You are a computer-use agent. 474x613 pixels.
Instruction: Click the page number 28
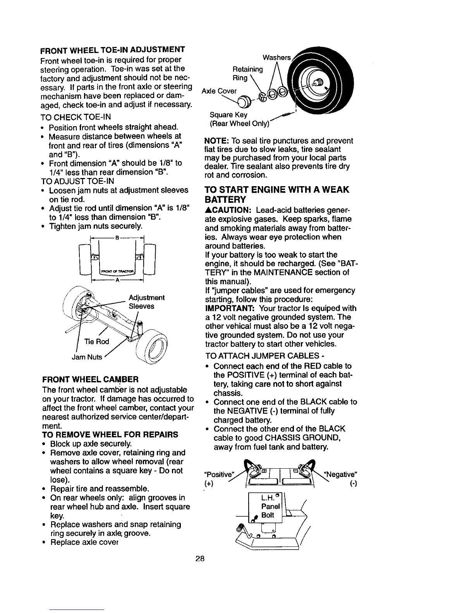[x=200, y=559]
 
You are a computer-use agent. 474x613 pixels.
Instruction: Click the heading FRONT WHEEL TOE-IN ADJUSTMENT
[x=112, y=50]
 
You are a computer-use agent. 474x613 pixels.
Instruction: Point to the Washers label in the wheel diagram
[x=276, y=57]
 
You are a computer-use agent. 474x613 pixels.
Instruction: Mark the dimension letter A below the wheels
[x=117, y=280]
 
